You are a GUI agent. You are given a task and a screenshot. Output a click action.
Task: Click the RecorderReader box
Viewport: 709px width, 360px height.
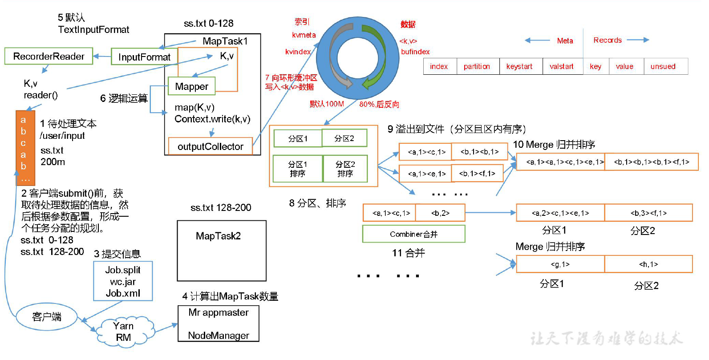(49, 57)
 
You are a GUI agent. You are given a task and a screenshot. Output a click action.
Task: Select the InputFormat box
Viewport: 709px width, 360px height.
(144, 57)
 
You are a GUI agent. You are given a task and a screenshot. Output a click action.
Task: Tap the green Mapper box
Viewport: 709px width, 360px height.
(191, 86)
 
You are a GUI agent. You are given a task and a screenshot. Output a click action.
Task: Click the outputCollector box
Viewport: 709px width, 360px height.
(210, 146)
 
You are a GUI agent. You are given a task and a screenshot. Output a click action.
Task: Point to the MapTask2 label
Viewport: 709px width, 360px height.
(218, 236)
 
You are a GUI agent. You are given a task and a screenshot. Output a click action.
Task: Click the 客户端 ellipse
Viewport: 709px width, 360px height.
(46, 317)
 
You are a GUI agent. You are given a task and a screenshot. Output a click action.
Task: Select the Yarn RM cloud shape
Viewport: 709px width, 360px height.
(123, 332)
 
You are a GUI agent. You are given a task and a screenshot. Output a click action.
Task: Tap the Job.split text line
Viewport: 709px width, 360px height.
(123, 270)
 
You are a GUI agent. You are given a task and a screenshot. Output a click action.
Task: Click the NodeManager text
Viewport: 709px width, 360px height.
(218, 336)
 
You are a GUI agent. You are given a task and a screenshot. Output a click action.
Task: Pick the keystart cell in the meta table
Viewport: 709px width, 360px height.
(519, 66)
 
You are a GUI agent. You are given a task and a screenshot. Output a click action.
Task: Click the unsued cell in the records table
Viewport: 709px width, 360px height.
(663, 66)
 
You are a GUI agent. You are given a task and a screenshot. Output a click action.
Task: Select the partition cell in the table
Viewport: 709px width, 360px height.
(477, 66)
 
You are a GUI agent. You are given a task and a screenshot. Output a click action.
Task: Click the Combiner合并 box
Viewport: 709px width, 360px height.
(413, 234)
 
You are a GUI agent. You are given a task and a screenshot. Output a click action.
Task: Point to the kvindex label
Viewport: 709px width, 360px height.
(298, 52)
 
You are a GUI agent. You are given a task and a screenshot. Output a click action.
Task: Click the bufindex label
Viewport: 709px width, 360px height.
(415, 52)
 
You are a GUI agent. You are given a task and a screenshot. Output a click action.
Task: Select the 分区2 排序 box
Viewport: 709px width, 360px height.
(345, 169)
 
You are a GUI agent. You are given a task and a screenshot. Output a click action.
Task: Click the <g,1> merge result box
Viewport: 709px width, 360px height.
(560, 264)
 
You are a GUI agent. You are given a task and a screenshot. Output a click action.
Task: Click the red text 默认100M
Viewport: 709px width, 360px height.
(327, 104)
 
